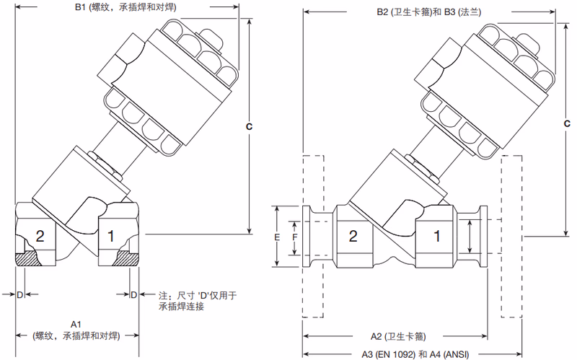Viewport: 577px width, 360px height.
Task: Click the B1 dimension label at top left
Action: pos(125,7)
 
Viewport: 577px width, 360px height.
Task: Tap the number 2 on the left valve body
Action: pos(40,235)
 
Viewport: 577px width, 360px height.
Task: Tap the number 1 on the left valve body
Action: pos(110,235)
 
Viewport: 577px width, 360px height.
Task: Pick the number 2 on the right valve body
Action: pos(353,236)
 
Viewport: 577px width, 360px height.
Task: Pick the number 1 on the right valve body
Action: pos(437,236)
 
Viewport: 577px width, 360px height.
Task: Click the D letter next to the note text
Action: pos(133,294)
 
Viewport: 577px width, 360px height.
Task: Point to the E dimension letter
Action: pos(278,237)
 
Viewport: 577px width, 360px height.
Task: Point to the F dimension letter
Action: pos(294,237)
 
